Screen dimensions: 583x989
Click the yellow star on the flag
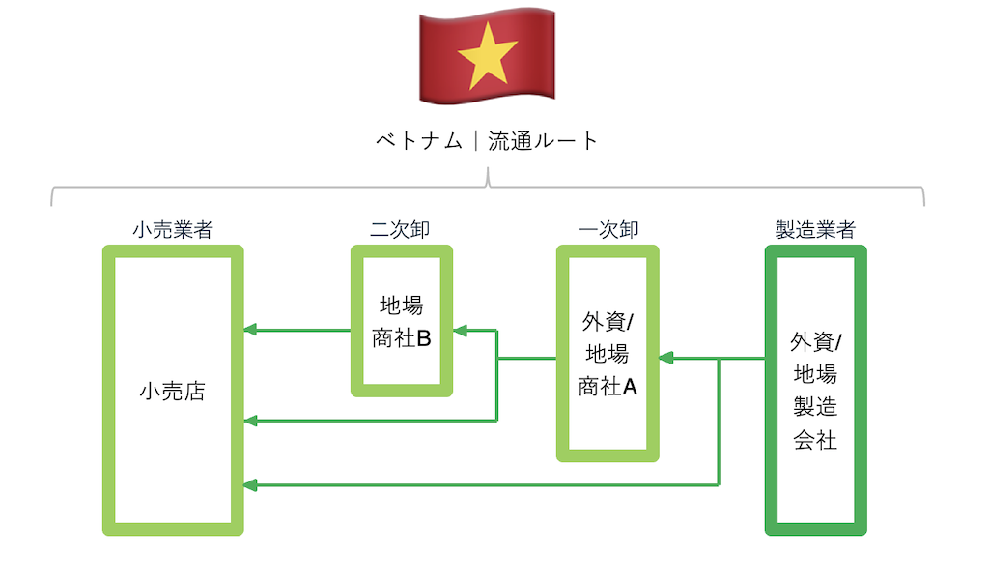487,56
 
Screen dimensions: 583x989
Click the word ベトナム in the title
417,141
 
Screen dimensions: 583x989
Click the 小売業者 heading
172,230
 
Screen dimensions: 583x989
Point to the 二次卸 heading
400,230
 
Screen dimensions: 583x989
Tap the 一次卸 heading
608,230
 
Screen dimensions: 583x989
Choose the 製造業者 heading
815,230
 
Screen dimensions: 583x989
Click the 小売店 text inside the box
172,393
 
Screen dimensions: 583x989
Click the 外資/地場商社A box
608,354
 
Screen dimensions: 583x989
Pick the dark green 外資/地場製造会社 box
815,391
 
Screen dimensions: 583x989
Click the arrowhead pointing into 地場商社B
461,331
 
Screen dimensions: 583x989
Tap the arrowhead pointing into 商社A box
666,358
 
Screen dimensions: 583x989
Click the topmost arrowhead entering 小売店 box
250,331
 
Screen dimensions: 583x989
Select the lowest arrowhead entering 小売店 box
250,484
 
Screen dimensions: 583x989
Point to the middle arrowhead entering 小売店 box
250,421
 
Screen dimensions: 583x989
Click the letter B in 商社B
422,338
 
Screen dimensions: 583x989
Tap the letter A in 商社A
630,387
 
